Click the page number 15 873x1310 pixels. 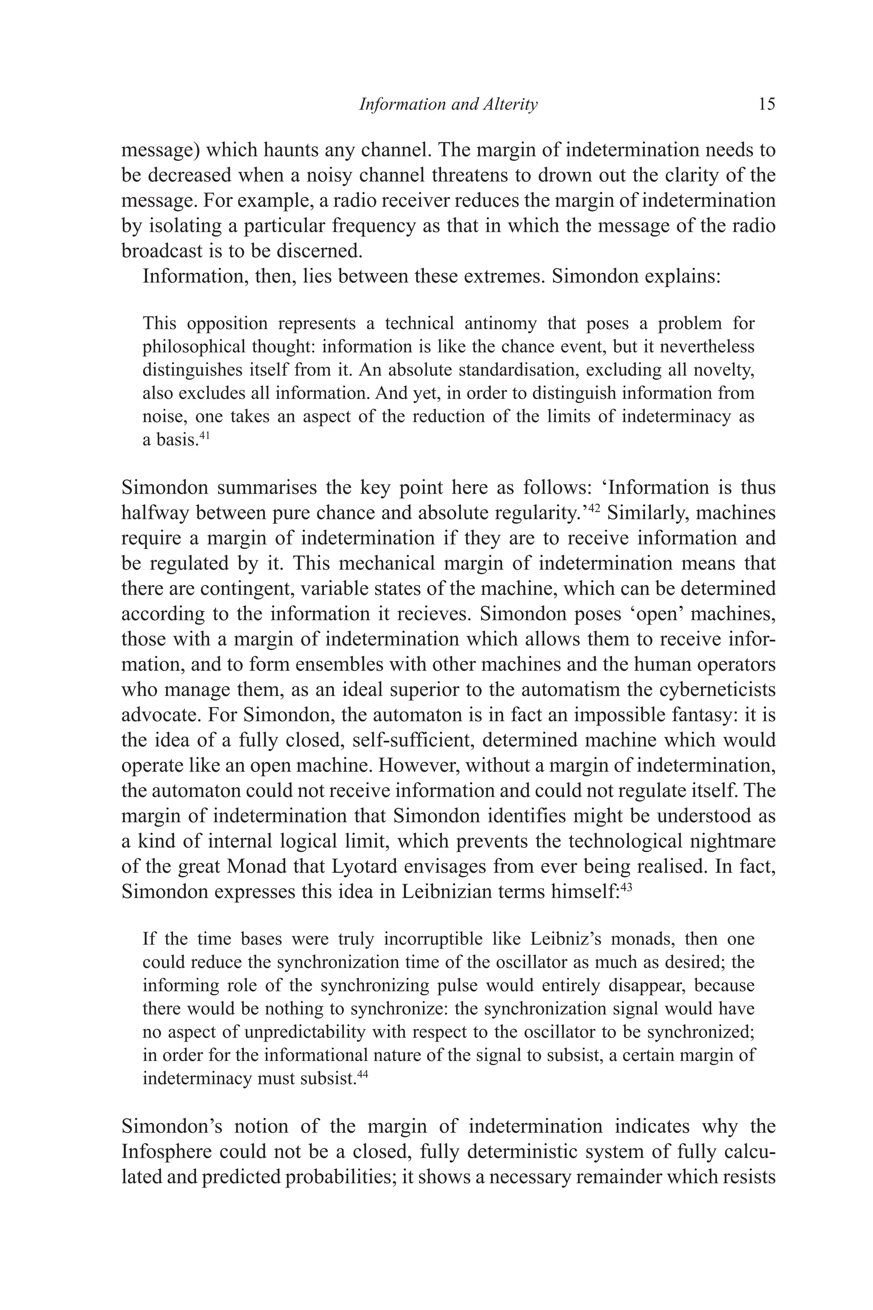click(766, 104)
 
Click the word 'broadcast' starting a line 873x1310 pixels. click(162, 251)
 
